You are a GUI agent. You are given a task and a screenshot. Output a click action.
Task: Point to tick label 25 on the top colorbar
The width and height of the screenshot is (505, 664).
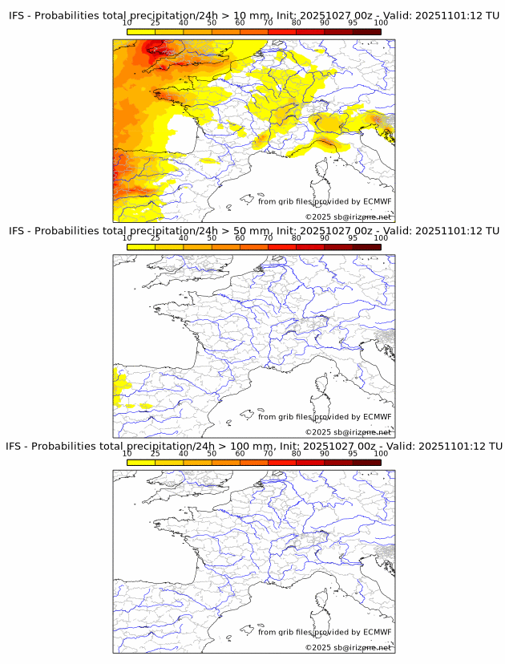[156, 22]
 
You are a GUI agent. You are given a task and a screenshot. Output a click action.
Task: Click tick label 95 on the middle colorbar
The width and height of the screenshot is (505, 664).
[353, 237]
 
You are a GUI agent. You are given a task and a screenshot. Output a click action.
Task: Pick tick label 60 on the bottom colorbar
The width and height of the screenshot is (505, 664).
[240, 453]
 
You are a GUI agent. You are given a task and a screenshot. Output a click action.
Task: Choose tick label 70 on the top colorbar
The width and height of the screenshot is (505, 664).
[268, 22]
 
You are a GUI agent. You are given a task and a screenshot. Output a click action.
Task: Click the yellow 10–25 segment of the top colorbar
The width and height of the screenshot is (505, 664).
[141, 32]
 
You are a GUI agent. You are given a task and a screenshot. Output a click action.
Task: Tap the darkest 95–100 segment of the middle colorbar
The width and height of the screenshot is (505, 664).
[366, 247]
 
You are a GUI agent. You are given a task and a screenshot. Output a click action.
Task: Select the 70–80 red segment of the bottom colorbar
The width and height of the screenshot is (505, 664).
[282, 463]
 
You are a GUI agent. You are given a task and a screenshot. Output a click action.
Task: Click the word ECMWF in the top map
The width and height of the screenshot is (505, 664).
[377, 201]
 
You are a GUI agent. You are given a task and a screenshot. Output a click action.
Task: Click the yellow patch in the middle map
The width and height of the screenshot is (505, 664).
[120, 385]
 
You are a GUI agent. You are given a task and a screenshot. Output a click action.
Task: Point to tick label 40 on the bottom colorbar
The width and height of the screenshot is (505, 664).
[184, 453]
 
